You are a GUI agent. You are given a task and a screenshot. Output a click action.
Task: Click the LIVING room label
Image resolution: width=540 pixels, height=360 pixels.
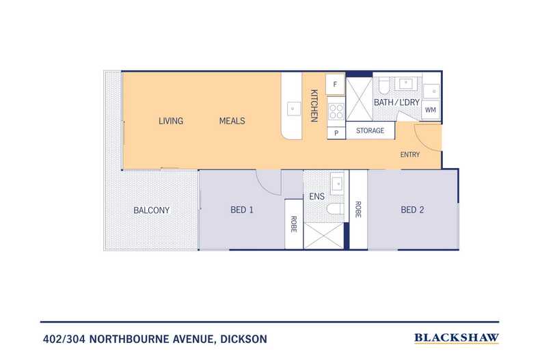click(x=171, y=121)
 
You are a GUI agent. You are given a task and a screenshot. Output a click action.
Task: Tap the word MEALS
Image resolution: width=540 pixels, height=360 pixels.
click(x=232, y=121)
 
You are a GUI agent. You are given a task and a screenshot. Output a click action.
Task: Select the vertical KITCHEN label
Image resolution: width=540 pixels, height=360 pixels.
click(x=314, y=106)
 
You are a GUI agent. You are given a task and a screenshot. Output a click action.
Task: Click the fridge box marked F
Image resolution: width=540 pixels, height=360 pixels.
click(x=335, y=85)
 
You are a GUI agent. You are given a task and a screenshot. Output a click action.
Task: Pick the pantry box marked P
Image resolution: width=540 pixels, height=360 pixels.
click(x=336, y=133)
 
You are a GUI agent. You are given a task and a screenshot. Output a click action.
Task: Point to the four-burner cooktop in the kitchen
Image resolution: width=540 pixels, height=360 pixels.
click(x=336, y=109)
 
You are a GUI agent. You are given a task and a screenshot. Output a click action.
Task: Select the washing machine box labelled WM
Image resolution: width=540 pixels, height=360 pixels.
click(x=431, y=109)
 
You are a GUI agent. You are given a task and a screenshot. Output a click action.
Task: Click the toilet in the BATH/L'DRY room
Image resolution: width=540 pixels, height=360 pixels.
click(x=383, y=85)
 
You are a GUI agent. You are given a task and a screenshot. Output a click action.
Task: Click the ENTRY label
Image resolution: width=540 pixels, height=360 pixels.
click(x=410, y=154)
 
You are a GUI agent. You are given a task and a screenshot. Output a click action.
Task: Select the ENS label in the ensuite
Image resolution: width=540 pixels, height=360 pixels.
click(x=316, y=197)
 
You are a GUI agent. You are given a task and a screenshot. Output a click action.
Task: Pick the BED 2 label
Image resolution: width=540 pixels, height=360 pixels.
click(x=412, y=210)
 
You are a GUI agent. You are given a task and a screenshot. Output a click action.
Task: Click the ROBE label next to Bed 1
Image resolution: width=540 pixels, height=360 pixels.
click(x=294, y=224)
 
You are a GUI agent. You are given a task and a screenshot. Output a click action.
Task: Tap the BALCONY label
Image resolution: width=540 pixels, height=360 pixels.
click(x=151, y=210)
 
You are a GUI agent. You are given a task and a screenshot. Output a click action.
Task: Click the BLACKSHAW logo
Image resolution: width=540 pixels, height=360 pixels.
click(x=457, y=337)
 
